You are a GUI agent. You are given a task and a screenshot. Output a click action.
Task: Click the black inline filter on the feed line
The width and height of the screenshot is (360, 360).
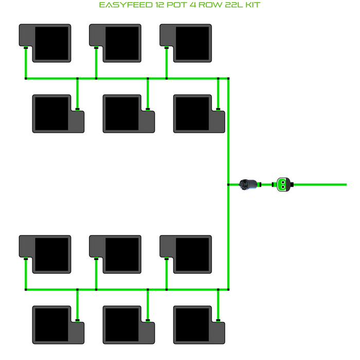249,184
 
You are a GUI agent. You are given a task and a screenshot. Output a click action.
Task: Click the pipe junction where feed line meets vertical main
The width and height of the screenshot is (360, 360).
228,184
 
